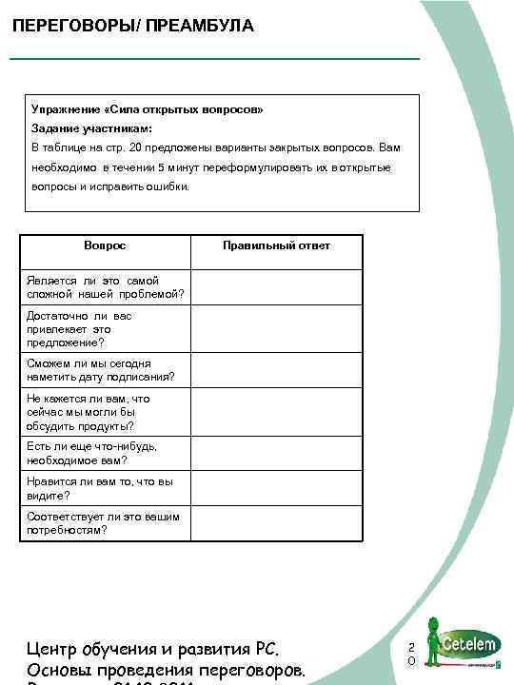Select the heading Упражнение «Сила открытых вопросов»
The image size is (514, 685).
coord(147,109)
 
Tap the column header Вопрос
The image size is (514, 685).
coord(105,245)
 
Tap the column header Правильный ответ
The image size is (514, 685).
coord(276,245)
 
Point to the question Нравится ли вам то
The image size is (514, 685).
coord(100,488)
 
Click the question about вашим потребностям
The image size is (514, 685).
coord(100,523)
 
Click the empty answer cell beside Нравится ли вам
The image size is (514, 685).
coord(276,488)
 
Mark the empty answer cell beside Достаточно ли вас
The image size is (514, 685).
coord(276,328)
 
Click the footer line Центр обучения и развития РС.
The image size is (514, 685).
coord(151,650)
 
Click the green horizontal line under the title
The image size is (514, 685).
coord(214,60)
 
